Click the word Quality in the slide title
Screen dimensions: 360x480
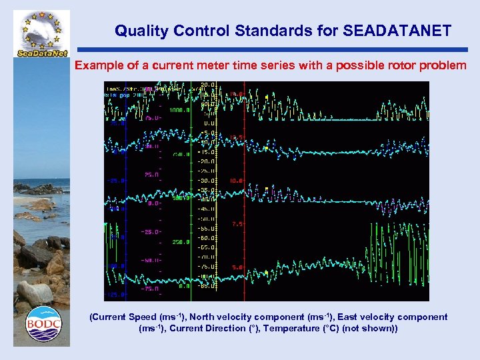coord(136,31)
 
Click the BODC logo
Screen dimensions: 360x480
coord(43,325)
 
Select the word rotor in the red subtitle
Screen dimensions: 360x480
coord(379,66)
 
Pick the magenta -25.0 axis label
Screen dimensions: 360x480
coord(151,232)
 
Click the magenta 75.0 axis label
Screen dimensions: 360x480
coord(151,118)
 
